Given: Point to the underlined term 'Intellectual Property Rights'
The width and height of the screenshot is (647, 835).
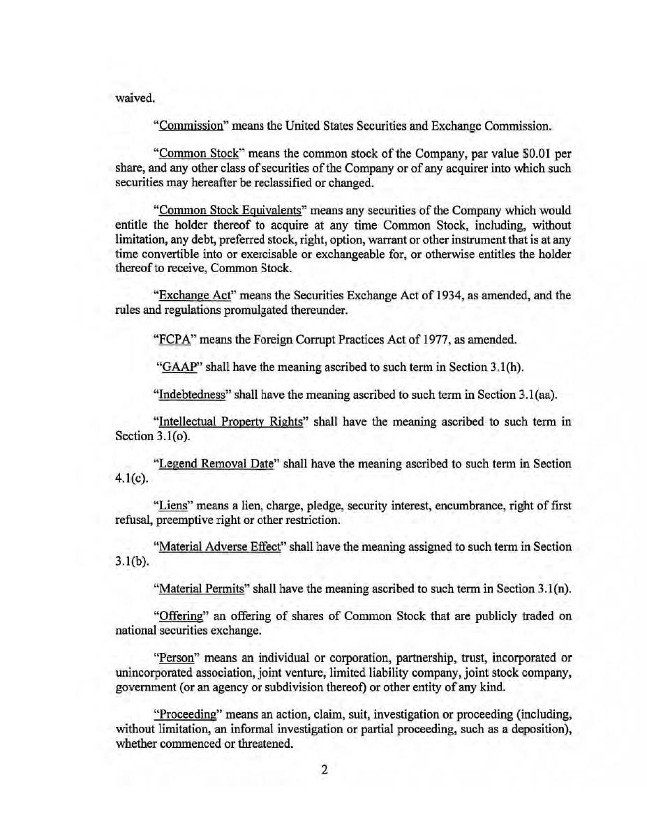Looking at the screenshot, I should click(228, 422).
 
